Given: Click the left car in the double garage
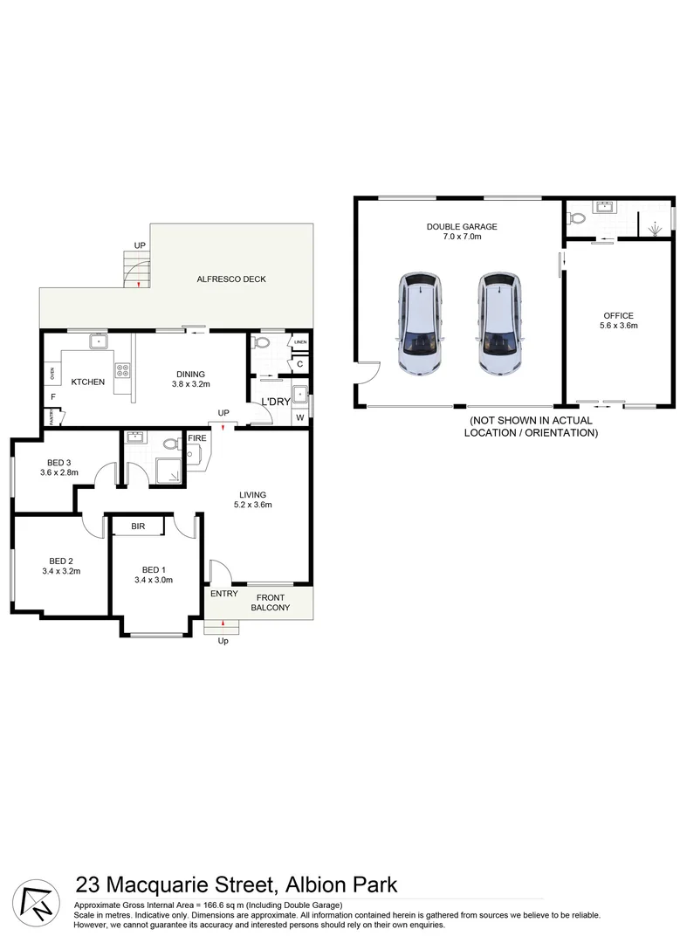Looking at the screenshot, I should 421,323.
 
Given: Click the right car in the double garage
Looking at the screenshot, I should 498,323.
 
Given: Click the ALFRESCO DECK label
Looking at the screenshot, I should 230,279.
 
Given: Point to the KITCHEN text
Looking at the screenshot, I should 87,382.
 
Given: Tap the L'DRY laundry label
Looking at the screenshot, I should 276,402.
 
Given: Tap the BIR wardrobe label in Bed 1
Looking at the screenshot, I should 138,527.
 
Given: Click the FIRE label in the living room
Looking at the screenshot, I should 196,438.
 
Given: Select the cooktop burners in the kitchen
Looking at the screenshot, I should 121,370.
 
